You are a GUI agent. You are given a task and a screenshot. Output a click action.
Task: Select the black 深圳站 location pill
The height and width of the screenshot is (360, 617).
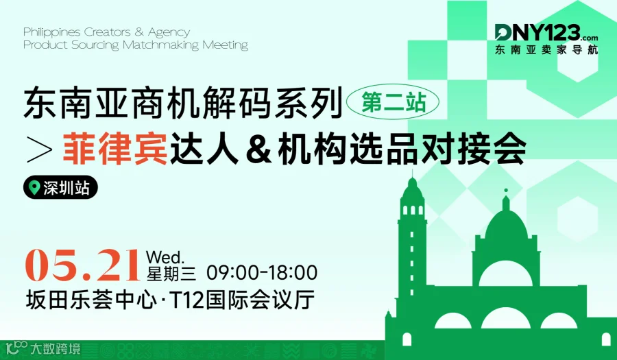tap(60, 188)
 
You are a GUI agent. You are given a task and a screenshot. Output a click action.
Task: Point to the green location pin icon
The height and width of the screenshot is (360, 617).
tap(34, 188)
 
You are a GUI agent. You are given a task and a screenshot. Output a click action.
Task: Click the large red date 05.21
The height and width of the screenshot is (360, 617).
tap(82, 265)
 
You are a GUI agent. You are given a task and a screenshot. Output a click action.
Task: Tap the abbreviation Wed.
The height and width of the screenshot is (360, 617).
tap(165, 257)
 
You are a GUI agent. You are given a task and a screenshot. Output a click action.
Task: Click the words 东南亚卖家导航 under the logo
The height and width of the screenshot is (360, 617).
tap(546, 50)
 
